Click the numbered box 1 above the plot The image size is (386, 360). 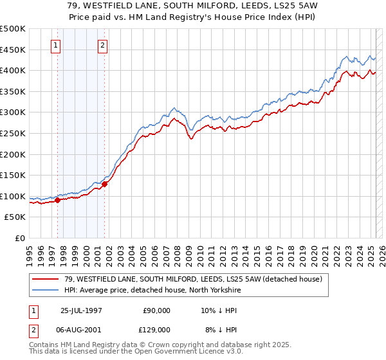coord(57,46)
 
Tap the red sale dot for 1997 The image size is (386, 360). coord(57,200)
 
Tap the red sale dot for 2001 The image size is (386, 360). coord(104,184)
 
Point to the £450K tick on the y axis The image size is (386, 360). coord(14,50)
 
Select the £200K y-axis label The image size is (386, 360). coord(14,154)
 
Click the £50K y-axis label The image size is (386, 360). coord(16,217)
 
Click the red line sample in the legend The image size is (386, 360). coord(46,278)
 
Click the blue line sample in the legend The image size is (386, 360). coord(46,289)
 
